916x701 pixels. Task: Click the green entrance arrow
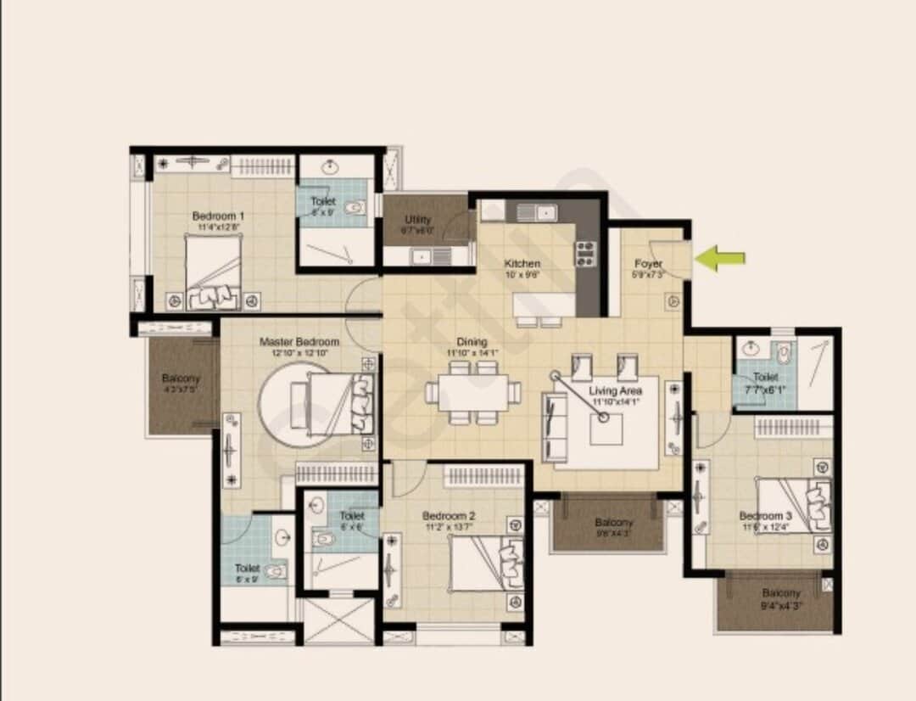(x=720, y=258)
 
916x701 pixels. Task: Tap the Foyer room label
(x=649, y=264)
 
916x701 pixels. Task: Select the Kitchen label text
(x=522, y=264)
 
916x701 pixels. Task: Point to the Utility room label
(x=417, y=221)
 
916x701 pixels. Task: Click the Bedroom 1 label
(x=218, y=216)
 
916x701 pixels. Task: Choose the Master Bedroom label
(x=299, y=342)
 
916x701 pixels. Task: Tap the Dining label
(x=472, y=343)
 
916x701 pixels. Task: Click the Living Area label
(x=616, y=391)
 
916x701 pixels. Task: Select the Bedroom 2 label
(x=448, y=516)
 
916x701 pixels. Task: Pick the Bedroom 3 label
(x=765, y=516)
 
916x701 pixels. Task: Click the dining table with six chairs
(x=473, y=392)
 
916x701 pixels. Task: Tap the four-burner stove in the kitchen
(x=585, y=254)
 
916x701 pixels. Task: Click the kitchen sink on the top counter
(x=538, y=212)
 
